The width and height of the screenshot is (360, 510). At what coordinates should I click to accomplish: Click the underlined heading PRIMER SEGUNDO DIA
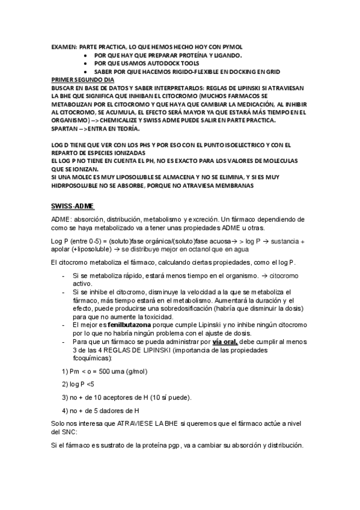pos(83,79)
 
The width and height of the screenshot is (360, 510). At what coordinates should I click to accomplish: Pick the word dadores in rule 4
pos(108,411)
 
